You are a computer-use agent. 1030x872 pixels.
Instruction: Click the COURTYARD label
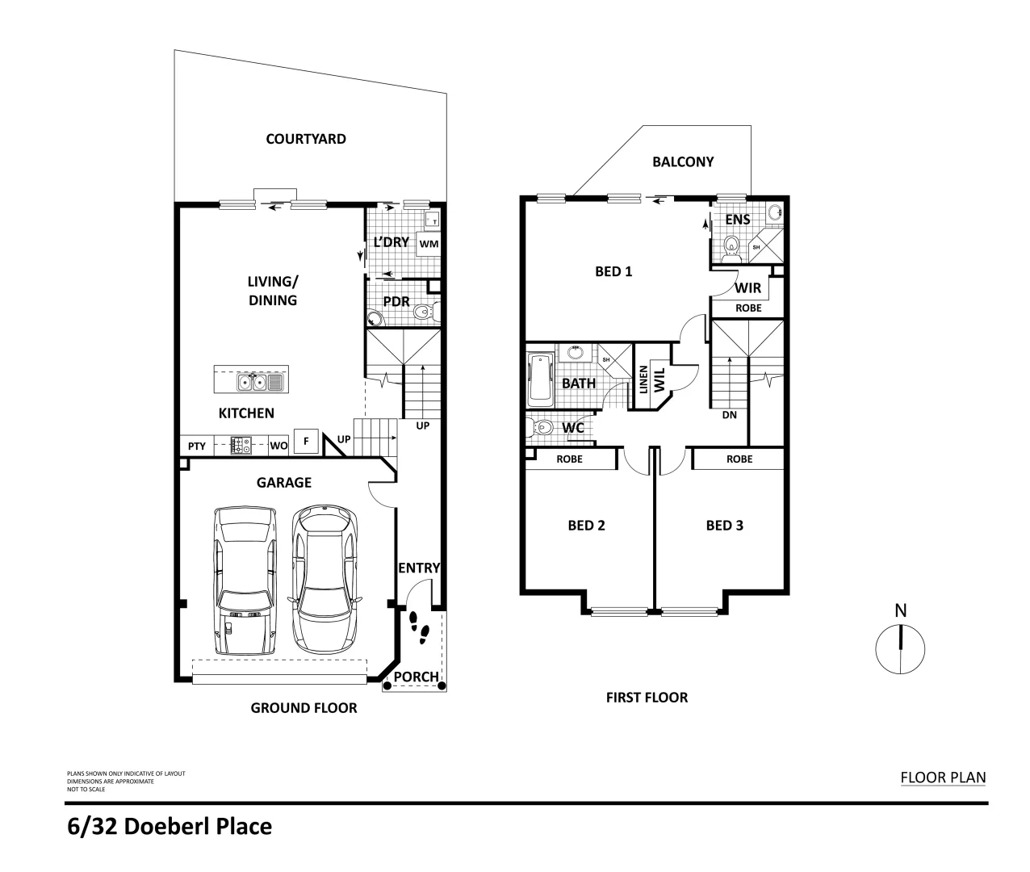[x=306, y=139]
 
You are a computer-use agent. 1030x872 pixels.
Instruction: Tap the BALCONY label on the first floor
[x=683, y=161]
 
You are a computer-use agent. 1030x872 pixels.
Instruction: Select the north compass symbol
[x=900, y=648]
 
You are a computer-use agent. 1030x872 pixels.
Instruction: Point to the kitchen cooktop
[x=241, y=445]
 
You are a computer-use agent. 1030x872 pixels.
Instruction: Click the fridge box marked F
[x=306, y=442]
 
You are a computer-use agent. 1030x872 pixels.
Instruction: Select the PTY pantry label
[x=196, y=446]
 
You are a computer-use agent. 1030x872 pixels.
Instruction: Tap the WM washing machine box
[x=429, y=242]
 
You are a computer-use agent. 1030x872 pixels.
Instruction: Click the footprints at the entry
[x=419, y=627]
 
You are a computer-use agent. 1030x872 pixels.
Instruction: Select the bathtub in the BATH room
[x=538, y=380]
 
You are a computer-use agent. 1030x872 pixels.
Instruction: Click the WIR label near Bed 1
[x=747, y=287]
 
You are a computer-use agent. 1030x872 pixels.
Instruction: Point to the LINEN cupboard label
[x=643, y=379]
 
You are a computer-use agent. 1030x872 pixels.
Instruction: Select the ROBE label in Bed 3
[x=739, y=459]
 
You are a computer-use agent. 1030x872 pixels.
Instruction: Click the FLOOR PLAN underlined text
[x=943, y=778]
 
